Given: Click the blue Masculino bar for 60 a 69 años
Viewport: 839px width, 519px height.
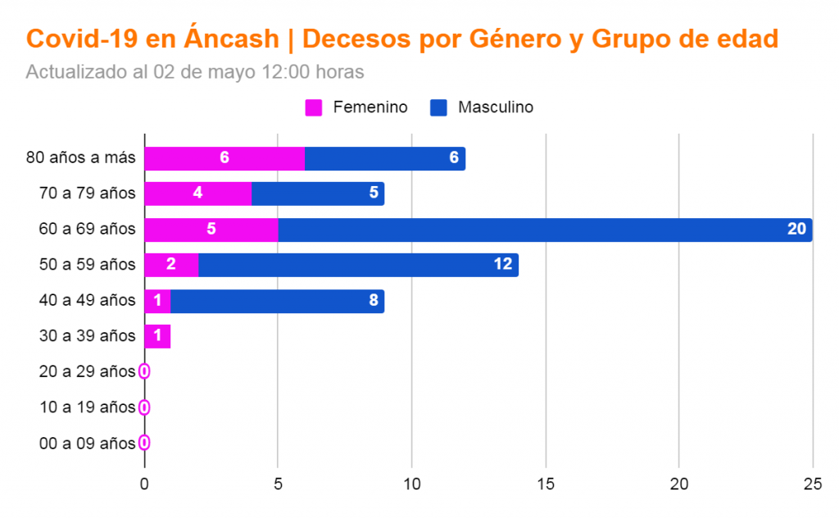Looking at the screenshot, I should point(545,230).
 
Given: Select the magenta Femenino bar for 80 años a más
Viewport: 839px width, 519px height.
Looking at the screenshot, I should point(224,158).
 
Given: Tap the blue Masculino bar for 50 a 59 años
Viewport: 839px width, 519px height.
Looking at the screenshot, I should point(358,265).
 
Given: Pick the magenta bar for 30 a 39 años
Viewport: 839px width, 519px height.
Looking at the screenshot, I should point(157,336).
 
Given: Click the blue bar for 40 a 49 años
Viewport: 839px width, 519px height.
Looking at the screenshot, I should point(277,301).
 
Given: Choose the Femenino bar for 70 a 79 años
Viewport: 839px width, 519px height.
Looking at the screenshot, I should point(197,193).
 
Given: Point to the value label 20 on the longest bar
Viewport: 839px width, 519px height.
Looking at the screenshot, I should point(796,230).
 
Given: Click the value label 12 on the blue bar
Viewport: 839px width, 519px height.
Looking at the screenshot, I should point(502,265).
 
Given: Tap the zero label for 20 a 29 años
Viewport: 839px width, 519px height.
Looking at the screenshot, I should point(144,371).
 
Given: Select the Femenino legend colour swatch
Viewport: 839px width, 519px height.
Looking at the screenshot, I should point(314,107).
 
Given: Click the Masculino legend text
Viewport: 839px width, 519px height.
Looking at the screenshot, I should point(496,107).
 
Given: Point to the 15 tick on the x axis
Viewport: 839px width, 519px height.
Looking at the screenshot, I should point(545,485).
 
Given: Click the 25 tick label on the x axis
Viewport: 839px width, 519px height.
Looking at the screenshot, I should point(812,485).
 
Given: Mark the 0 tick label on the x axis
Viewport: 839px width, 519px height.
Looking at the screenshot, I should point(144,485).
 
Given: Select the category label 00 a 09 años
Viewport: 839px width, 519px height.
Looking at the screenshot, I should point(87,444).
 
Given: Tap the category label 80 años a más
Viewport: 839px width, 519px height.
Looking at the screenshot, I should point(80,158).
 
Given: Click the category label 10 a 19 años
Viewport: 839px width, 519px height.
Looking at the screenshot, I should point(87,407).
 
